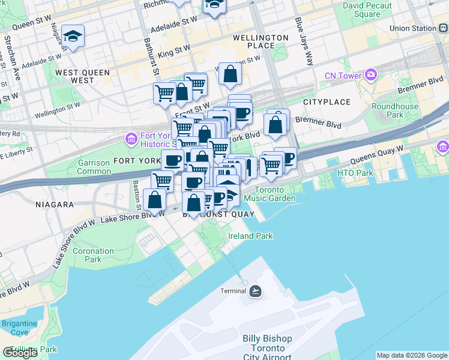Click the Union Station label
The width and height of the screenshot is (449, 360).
click(412, 28)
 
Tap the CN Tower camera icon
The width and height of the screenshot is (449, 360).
click(371, 75)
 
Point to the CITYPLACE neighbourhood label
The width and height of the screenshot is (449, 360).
click(326, 103)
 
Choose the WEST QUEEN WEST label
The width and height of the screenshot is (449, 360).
click(82, 76)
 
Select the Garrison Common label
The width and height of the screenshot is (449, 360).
click(95, 167)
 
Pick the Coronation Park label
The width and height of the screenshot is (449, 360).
click(93, 255)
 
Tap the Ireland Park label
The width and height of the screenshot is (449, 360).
click(250, 236)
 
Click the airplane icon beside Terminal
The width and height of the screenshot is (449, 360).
click(256, 291)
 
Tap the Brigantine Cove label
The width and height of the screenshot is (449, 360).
click(19, 328)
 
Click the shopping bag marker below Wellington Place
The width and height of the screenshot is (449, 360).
click(230, 75)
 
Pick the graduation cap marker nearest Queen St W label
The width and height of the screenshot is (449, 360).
click(73, 37)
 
